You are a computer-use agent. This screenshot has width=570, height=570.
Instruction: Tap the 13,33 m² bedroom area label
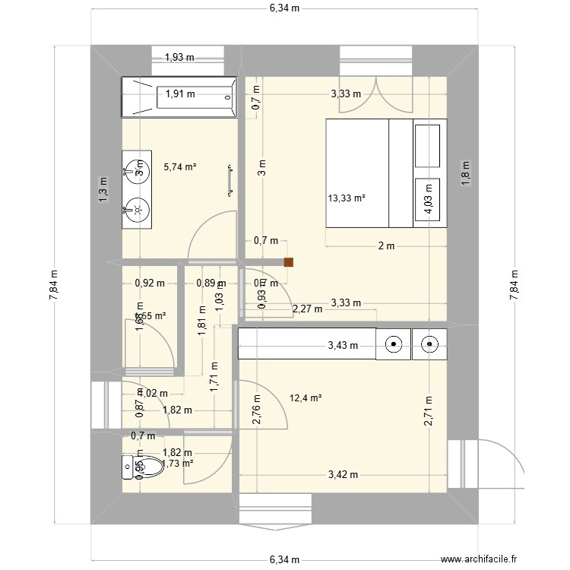coord(347,198)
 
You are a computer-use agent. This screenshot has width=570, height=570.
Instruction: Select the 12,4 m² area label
coord(306,397)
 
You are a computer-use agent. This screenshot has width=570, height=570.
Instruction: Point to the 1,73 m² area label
coord(177,463)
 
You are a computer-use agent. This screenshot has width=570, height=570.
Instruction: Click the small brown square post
coord(289,263)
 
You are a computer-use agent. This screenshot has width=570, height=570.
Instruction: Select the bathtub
coord(180,97)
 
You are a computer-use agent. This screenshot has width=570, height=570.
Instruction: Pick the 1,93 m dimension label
coord(180,56)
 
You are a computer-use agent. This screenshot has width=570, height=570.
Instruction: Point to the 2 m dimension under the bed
coord(387,245)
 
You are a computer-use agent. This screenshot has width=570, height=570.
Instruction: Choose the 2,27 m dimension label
coord(306,309)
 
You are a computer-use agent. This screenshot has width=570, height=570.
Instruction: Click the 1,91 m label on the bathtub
coord(180,94)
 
